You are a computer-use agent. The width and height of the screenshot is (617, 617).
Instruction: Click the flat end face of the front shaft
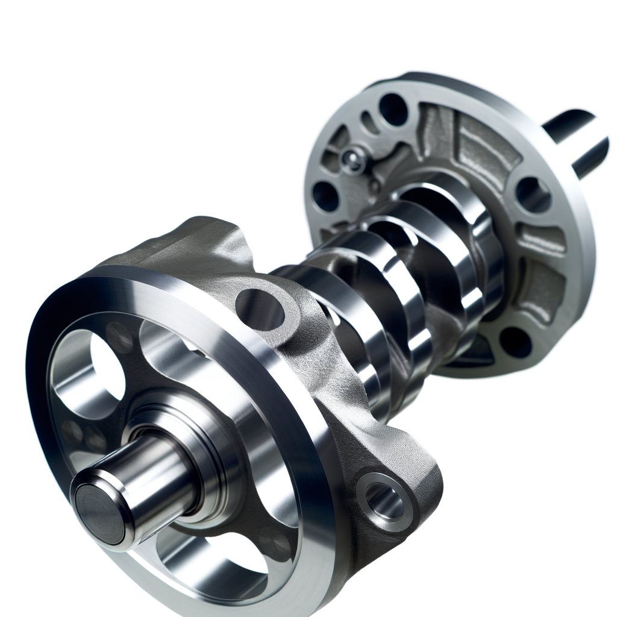100,512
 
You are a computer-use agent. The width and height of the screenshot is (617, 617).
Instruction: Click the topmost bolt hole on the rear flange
393,109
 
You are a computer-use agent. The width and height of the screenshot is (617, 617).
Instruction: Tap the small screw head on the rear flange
350,158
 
